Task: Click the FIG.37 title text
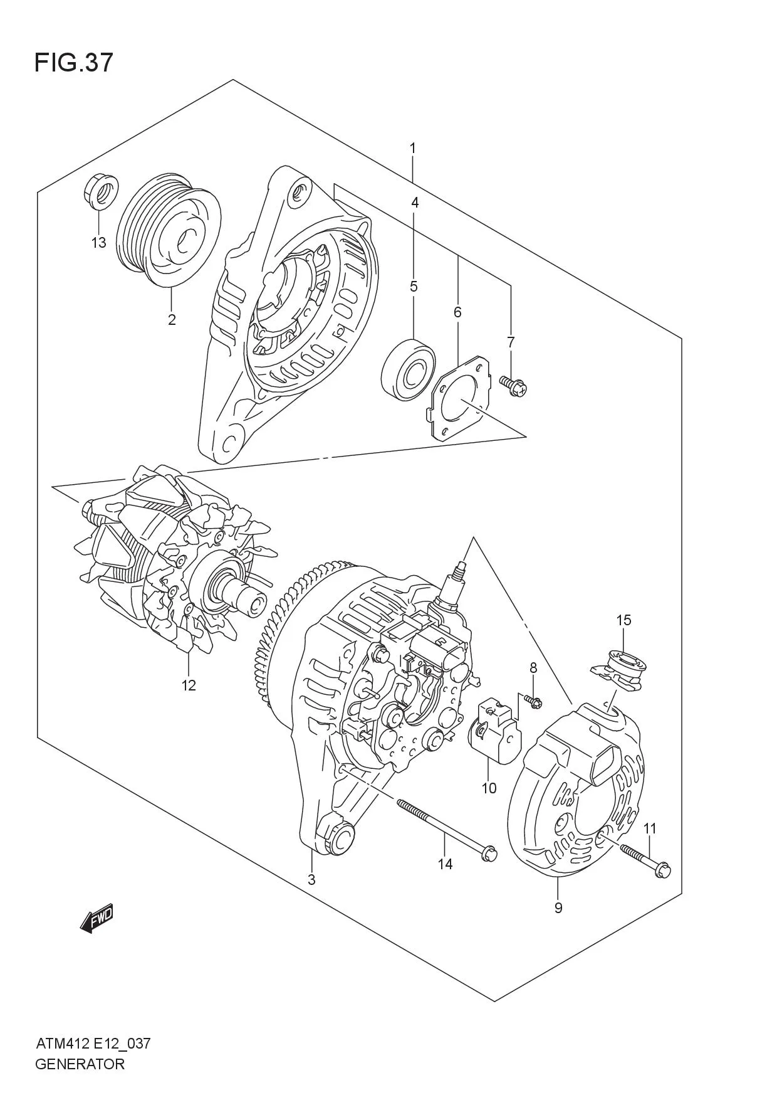click(74, 63)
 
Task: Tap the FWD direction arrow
click(96, 919)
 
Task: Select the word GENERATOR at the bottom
click(80, 1064)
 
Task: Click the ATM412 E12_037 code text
click(93, 1044)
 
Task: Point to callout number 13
click(98, 243)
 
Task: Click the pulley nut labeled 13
click(100, 189)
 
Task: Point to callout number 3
click(311, 879)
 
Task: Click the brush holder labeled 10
click(495, 732)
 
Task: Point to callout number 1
click(413, 149)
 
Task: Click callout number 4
click(414, 203)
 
